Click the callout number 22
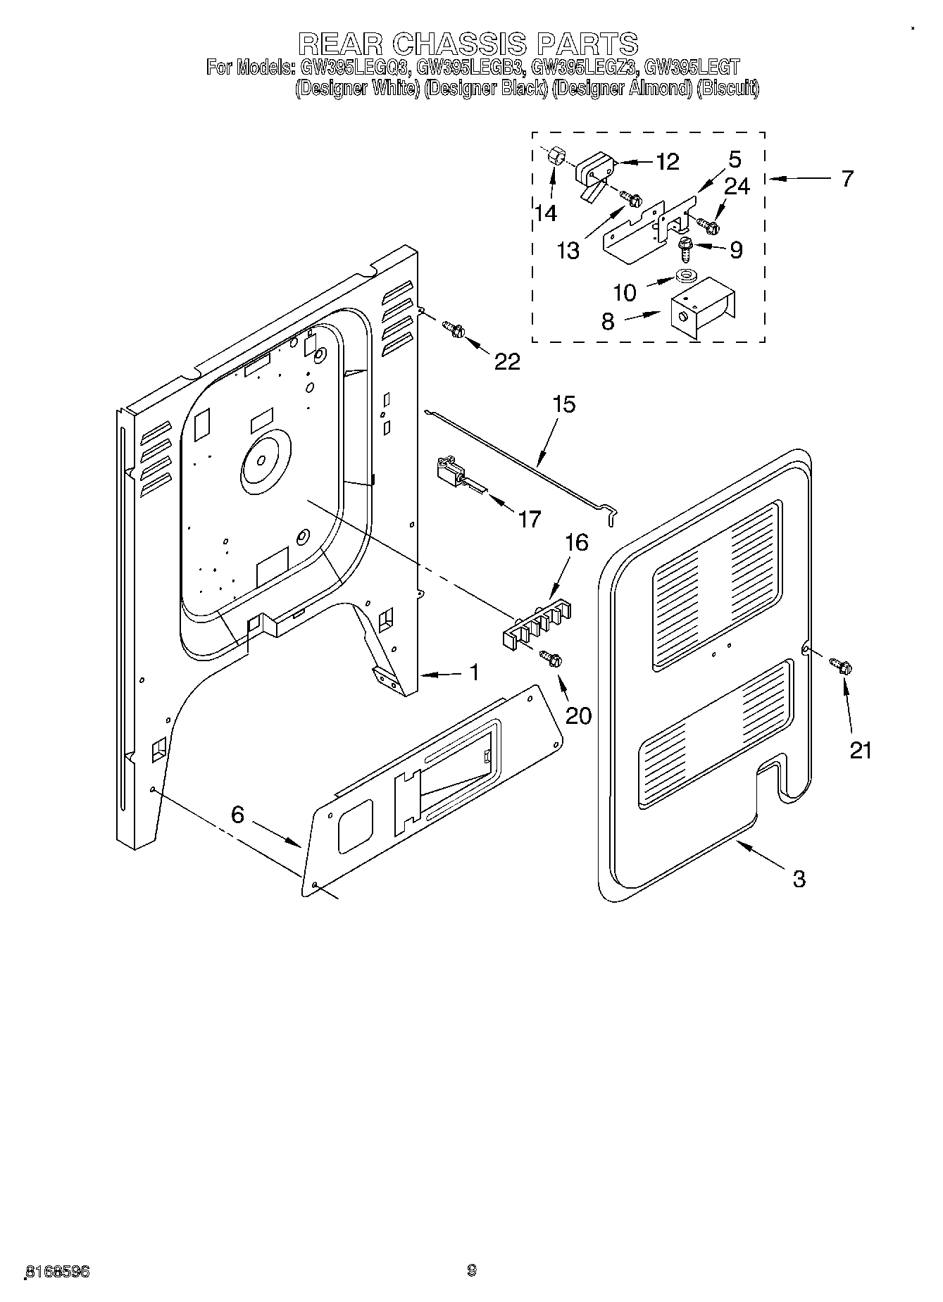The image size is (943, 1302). (x=507, y=361)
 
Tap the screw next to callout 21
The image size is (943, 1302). (x=840, y=664)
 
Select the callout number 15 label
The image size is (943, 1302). (x=563, y=404)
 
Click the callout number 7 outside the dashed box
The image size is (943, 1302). (x=847, y=178)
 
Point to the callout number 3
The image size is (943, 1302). (x=798, y=878)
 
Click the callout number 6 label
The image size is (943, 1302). (x=237, y=815)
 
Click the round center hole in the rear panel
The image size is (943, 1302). (x=261, y=460)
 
